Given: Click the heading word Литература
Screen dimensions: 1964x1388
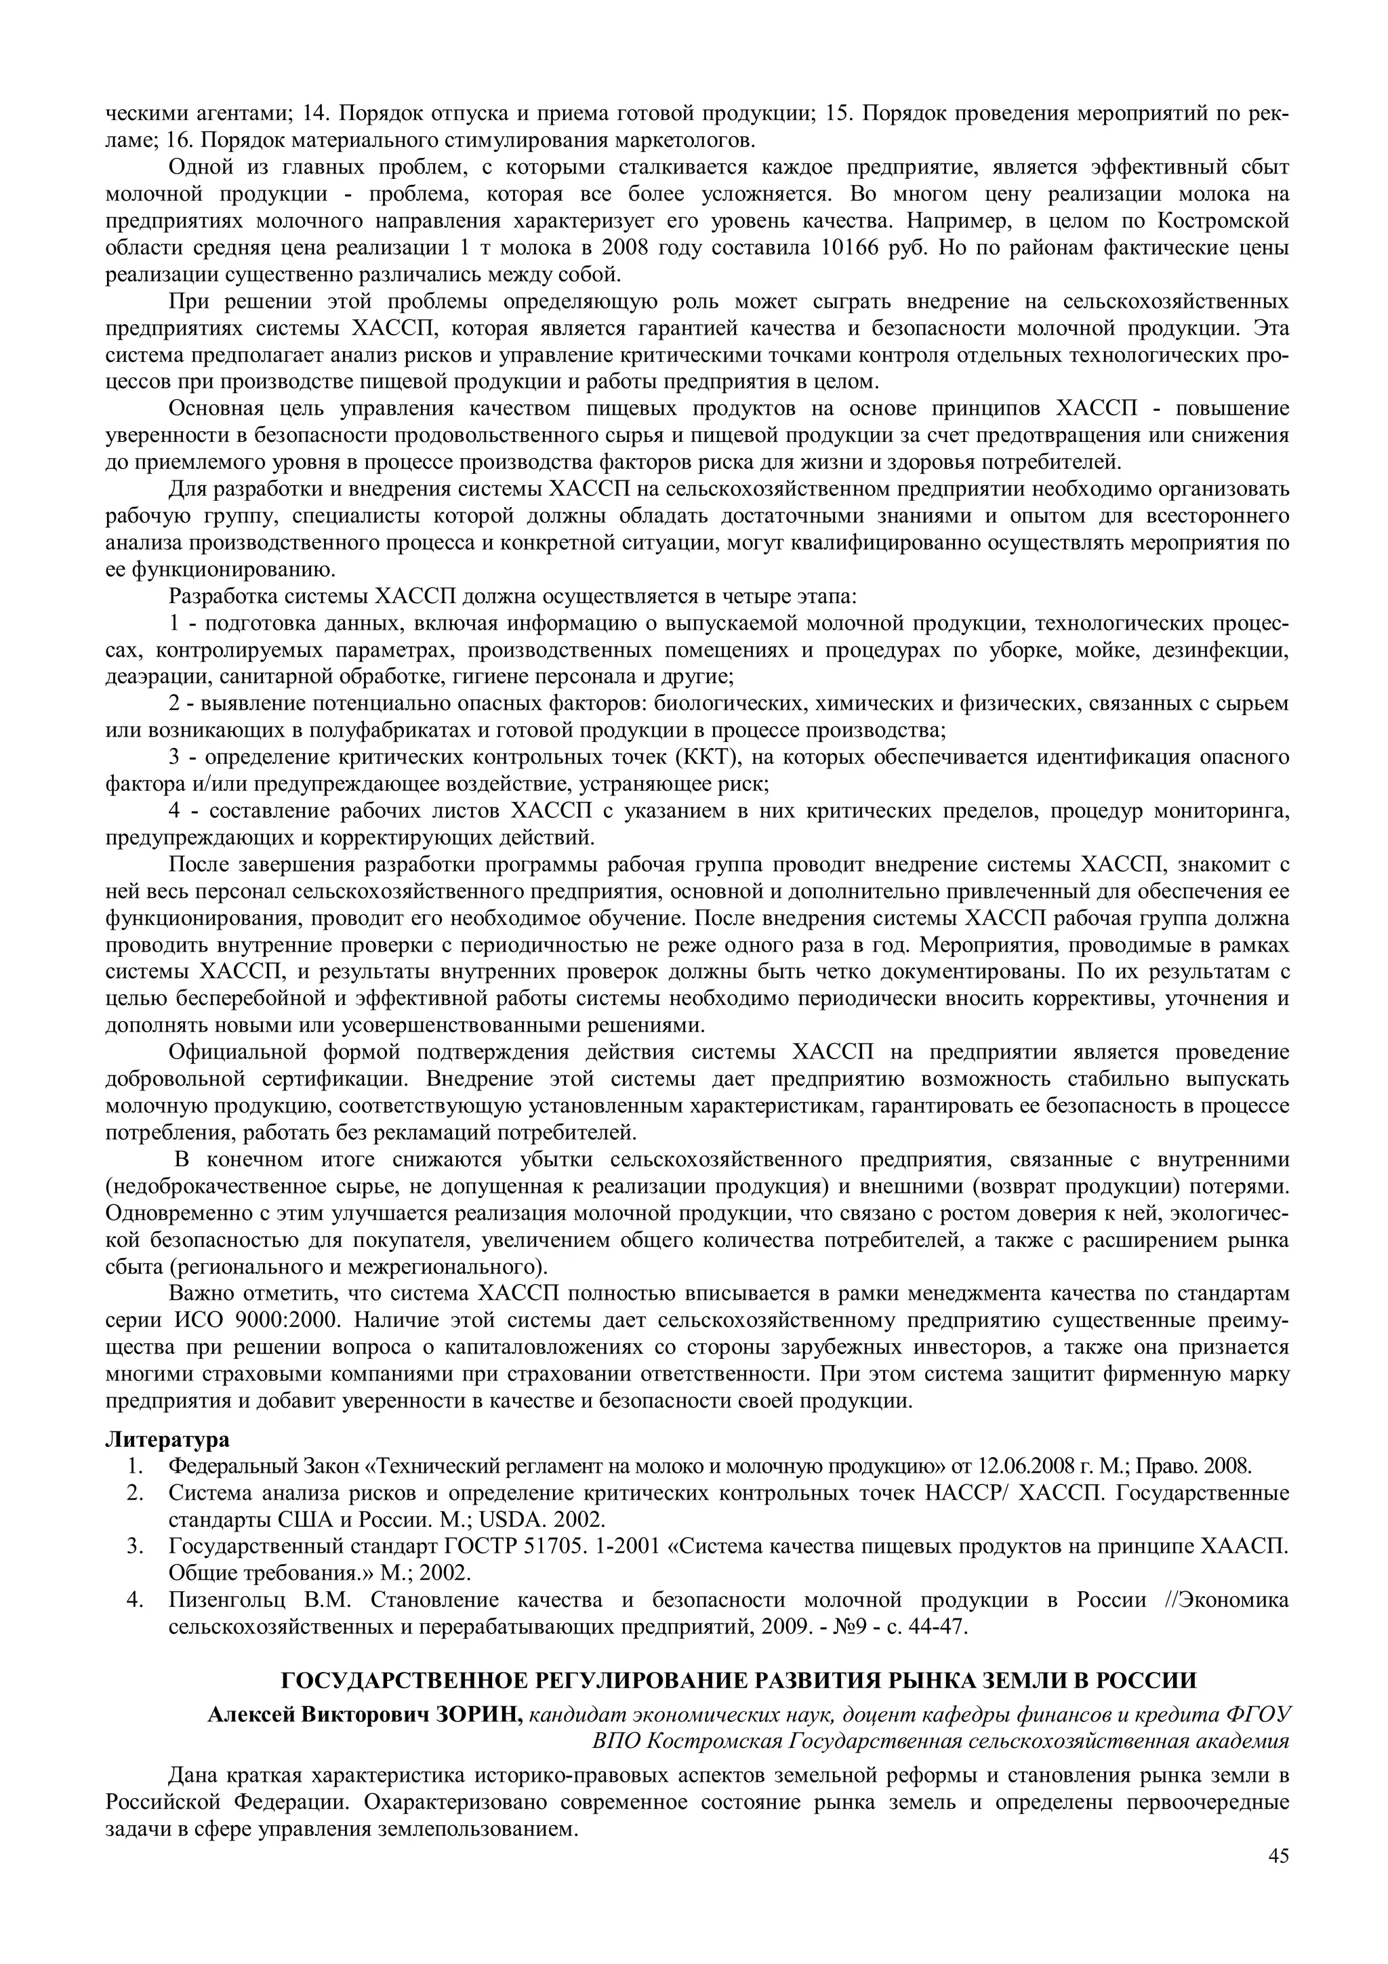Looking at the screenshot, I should [167, 1441].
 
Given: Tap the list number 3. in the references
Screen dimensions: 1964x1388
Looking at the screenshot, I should [134, 1547].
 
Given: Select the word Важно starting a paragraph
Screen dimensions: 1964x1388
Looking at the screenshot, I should [196, 1293].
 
